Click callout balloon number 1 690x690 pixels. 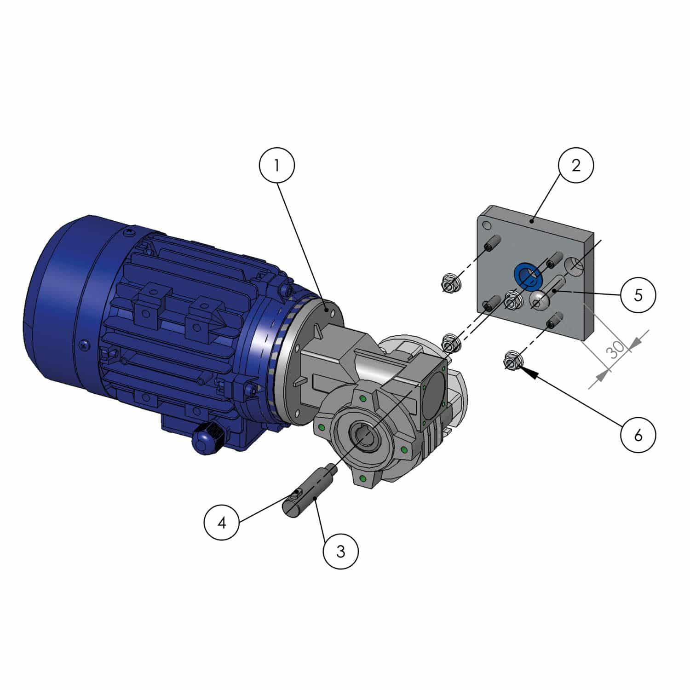276,166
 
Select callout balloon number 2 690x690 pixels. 576,166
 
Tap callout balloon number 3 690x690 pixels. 340,551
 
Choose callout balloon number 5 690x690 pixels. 638,295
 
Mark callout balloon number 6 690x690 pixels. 638,435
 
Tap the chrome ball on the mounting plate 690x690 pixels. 538,300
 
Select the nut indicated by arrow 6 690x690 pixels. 512,361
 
